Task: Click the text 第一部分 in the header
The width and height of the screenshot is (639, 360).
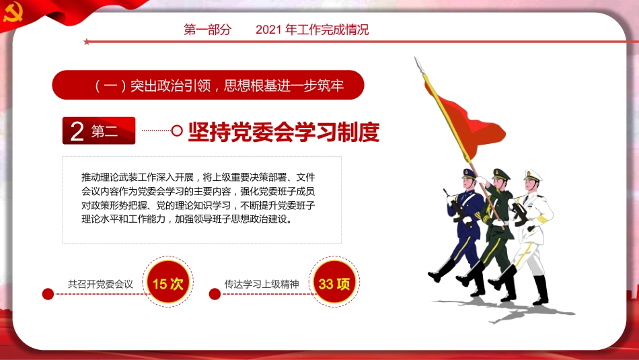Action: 207,30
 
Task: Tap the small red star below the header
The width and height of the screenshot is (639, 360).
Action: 86,42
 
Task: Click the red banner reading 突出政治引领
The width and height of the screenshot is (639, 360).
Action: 208,85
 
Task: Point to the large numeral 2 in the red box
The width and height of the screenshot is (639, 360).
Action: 77,132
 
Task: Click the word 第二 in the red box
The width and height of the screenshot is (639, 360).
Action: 105,132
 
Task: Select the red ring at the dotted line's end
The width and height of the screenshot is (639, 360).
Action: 177,131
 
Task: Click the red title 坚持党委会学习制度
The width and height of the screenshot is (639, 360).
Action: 283,132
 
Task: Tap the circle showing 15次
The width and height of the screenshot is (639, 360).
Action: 167,283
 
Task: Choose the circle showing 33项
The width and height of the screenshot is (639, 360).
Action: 334,283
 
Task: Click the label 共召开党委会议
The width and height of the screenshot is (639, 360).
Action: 101,284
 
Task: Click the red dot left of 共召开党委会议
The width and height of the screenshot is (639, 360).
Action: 48,294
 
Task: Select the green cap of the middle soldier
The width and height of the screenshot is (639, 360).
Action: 501,173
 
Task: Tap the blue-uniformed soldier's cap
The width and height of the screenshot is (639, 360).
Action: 469,173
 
